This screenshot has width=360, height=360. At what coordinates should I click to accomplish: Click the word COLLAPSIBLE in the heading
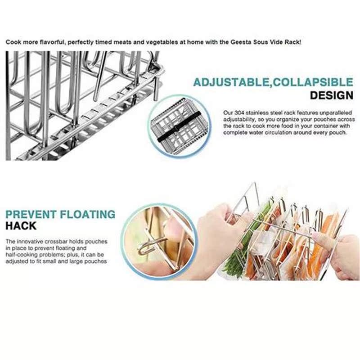312,82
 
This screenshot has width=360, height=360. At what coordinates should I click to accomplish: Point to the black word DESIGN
332,95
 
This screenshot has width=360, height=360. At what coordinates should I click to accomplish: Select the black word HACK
21,226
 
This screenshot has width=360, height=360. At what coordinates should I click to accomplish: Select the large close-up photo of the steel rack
81,106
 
